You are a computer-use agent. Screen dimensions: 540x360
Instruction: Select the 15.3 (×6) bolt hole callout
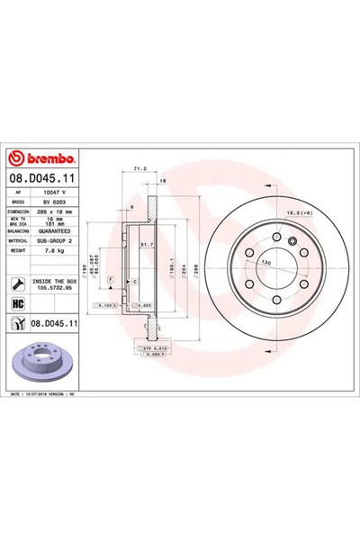pyautogui.click(x=300, y=211)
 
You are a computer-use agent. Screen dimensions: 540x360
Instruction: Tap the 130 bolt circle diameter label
pyautogui.click(x=266, y=261)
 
